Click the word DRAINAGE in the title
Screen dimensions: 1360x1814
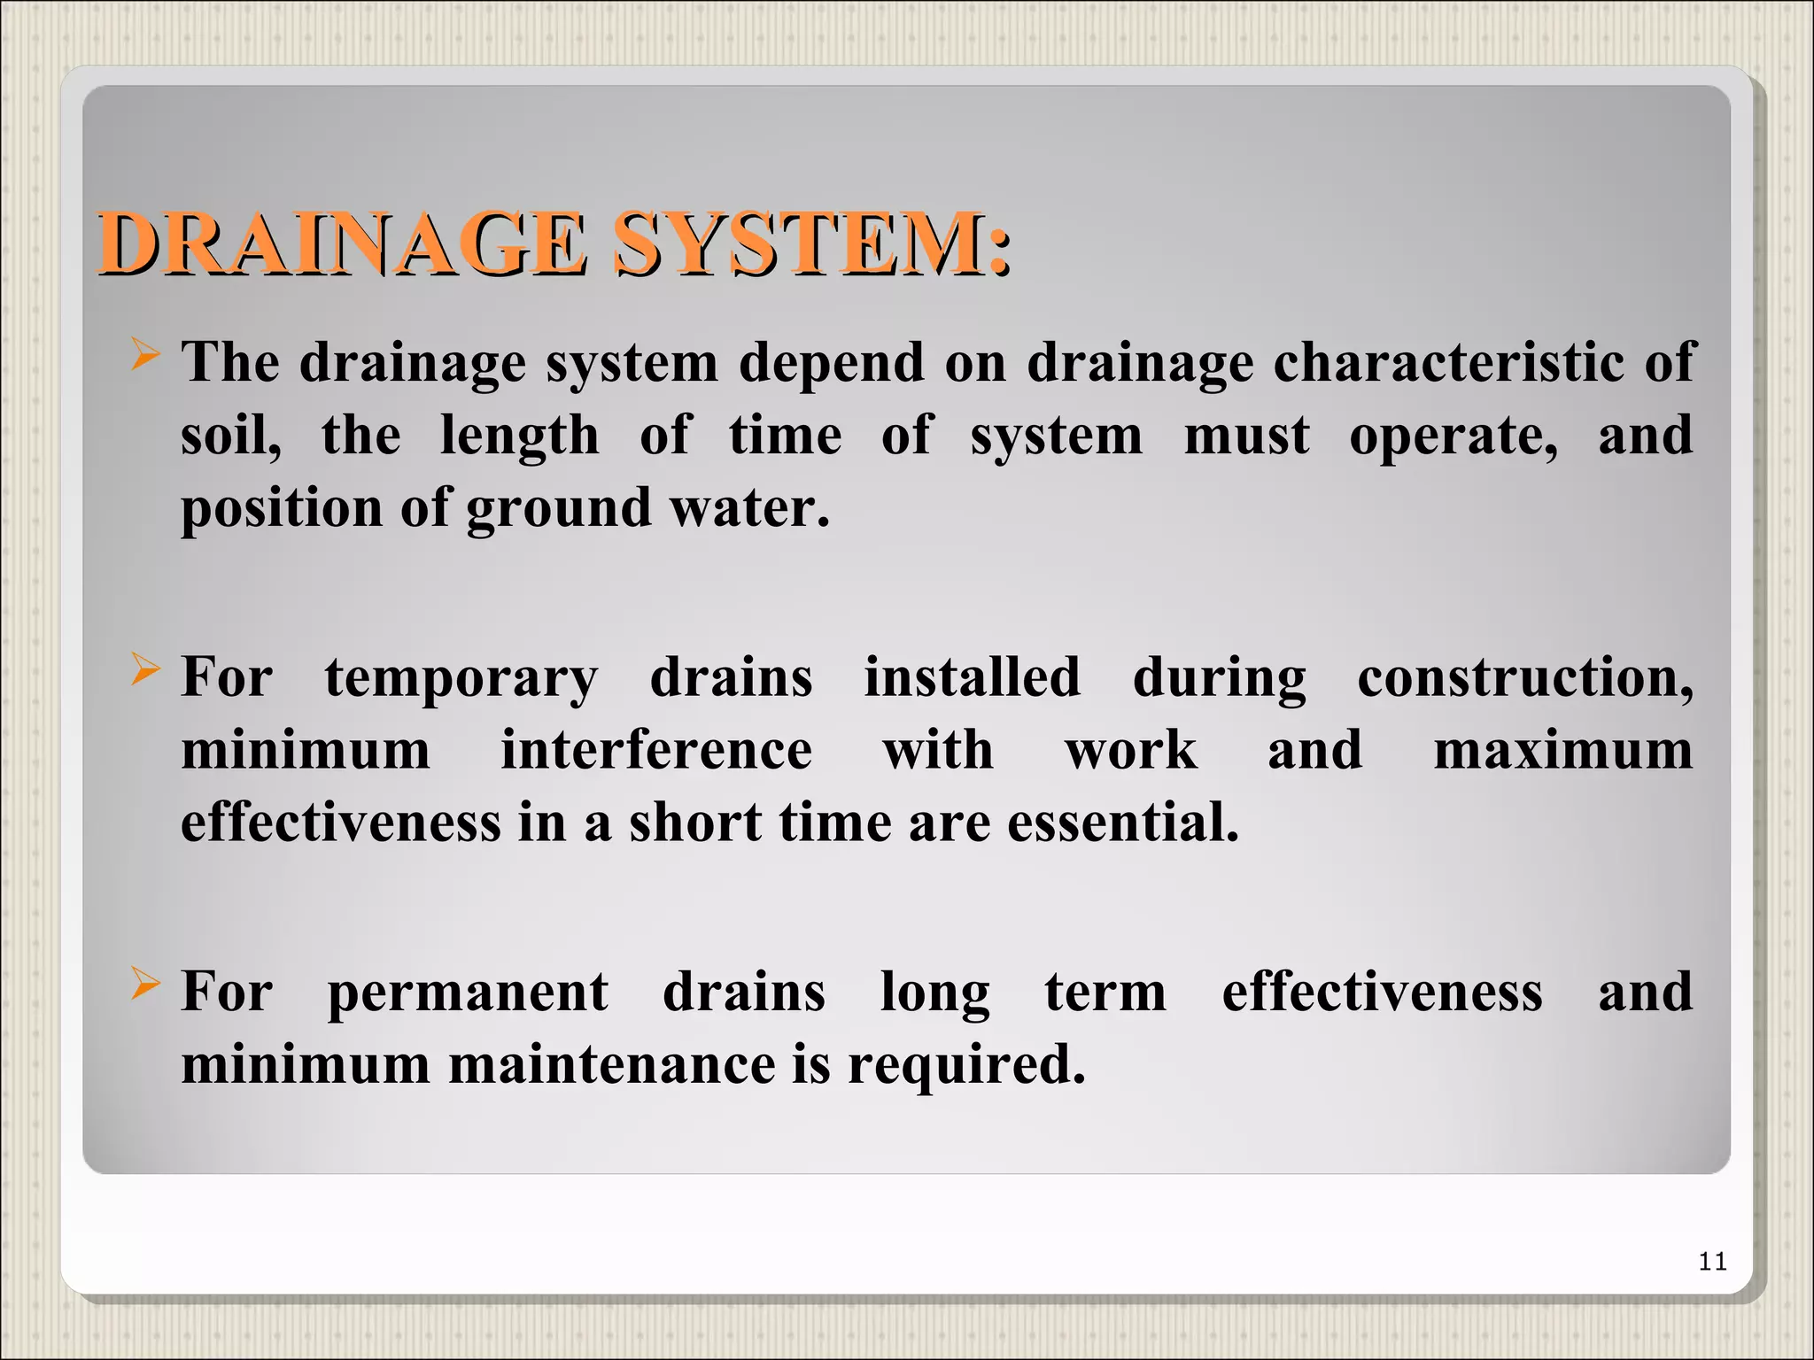coord(341,243)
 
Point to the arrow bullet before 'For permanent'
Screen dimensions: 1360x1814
coord(144,984)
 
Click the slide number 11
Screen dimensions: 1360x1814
coord(1713,1261)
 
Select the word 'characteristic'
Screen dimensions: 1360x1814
coord(1448,362)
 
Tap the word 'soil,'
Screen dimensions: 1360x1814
coord(231,436)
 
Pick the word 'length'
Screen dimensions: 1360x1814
coord(520,436)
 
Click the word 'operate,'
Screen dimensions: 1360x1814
coord(1454,436)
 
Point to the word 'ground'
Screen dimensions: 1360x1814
coord(559,509)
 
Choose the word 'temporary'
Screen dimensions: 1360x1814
coord(461,678)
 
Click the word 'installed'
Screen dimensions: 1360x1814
coord(973,677)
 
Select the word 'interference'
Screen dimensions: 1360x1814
coord(656,750)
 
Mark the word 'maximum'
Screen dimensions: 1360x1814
coord(1562,750)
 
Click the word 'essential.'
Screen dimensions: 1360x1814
coord(1123,823)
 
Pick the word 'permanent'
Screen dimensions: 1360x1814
coord(468,992)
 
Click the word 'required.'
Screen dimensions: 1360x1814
coord(966,1064)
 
